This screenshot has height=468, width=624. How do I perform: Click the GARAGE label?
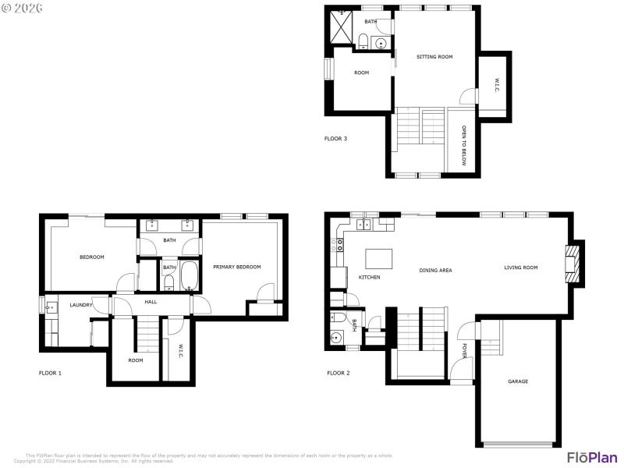518,381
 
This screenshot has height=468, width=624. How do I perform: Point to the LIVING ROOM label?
520,268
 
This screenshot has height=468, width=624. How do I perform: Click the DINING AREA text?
435,271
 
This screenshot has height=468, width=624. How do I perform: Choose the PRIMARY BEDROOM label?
237,267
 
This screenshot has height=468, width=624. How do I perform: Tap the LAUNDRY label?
81,305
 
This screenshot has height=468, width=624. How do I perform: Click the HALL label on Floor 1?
151,302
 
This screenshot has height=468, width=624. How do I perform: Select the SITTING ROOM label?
434,57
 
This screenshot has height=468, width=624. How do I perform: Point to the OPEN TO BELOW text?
463,145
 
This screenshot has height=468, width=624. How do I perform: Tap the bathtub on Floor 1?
190,277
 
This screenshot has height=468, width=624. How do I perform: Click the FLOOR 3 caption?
335,139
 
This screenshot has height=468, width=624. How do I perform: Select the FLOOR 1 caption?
50,373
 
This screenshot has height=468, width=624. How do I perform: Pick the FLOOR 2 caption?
338,373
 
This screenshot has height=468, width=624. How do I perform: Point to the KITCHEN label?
369,277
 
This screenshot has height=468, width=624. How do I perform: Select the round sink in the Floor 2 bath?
337,338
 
